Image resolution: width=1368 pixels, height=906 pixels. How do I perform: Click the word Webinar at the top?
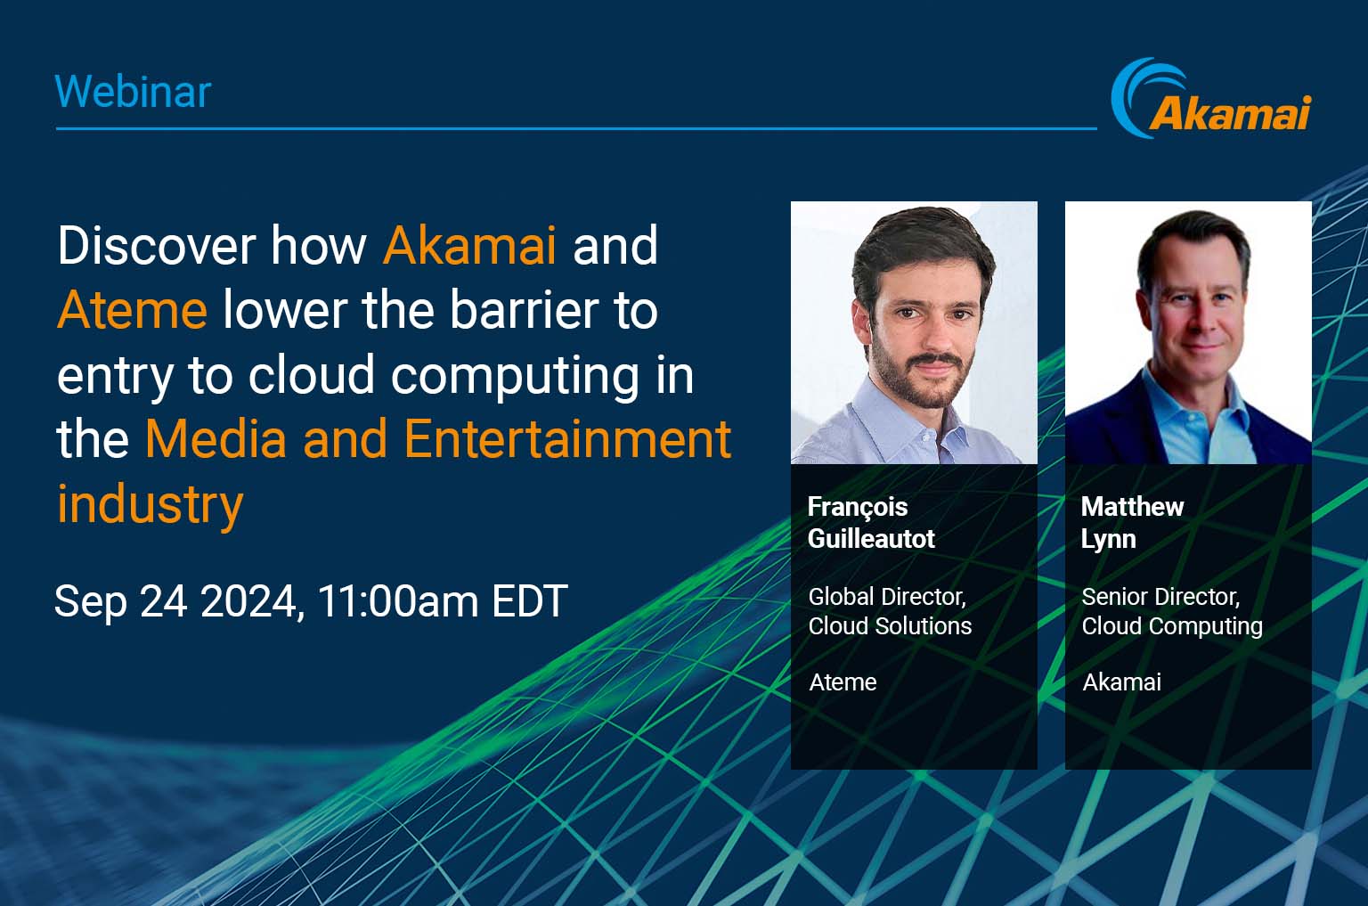click(x=133, y=93)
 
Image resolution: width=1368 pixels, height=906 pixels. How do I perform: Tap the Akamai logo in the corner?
click(x=1211, y=98)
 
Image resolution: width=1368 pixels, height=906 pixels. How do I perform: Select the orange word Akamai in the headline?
click(x=469, y=246)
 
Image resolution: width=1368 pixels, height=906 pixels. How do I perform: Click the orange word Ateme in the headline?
click(x=132, y=310)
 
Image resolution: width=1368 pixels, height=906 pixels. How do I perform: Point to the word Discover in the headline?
click(x=157, y=246)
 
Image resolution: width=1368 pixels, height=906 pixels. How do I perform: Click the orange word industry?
click(x=151, y=505)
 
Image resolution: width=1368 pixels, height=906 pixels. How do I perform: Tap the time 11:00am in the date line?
click(x=397, y=601)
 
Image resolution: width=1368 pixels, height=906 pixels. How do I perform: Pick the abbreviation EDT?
click(x=530, y=601)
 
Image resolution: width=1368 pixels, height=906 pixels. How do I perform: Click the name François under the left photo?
click(x=858, y=508)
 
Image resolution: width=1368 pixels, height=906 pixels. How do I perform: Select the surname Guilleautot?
click(x=871, y=539)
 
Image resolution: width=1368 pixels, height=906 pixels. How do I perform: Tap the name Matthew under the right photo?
click(x=1132, y=507)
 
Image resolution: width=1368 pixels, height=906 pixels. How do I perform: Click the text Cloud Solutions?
click(x=890, y=626)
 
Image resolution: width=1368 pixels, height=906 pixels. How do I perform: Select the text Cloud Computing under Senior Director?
click(x=1172, y=627)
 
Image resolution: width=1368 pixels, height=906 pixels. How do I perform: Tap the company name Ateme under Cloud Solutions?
click(x=843, y=682)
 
